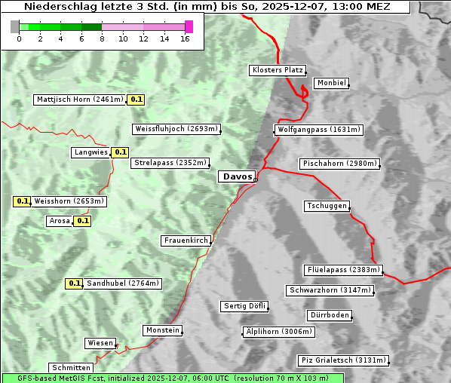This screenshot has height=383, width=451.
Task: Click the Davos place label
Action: click(237, 176)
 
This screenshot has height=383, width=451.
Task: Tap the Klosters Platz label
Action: click(277, 70)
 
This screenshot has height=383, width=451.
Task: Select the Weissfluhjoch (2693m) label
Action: click(176, 129)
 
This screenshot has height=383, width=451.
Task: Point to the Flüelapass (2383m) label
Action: click(342, 270)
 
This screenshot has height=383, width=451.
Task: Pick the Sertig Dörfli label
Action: click(244, 306)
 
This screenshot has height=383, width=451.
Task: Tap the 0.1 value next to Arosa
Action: click(83, 221)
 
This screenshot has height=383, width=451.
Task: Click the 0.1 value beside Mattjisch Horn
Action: click(136, 100)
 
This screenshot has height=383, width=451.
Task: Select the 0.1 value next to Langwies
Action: click(120, 152)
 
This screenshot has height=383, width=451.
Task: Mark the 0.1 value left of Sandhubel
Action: click(74, 283)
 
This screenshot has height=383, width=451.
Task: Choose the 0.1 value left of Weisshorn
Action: click(22, 201)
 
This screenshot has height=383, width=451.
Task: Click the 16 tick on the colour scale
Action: click(185, 38)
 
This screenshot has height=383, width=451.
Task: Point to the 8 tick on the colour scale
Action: click(102, 38)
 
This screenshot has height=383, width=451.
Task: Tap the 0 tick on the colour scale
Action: click(19, 38)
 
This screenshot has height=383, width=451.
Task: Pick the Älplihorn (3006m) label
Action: click(278, 332)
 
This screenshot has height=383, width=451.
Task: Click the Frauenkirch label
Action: click(186, 241)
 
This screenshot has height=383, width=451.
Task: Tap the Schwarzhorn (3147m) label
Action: click(330, 290)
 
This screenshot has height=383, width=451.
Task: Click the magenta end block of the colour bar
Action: click(189, 26)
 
